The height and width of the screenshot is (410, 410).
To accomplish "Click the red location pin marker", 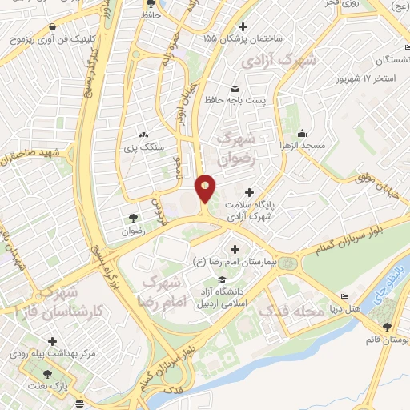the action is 206,187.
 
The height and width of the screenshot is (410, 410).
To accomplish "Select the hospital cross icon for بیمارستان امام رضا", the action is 235,248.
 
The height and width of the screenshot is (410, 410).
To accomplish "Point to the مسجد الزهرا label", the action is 303,147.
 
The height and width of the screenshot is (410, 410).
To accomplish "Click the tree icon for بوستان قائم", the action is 388,327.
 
